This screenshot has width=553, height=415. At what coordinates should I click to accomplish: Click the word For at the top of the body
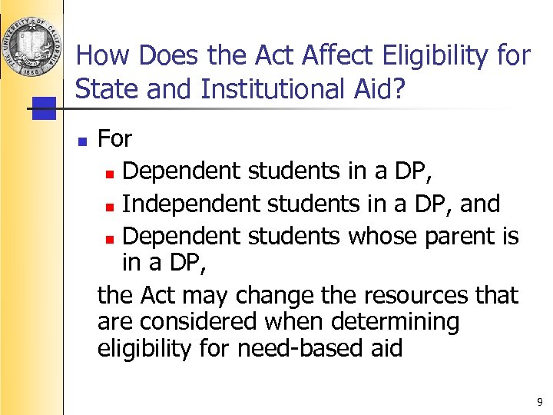[x=115, y=139]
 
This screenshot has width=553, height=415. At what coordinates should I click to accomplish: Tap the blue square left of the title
[x=45, y=108]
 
